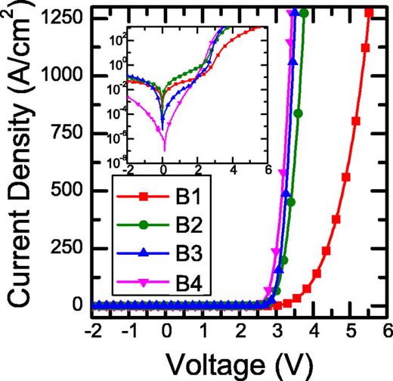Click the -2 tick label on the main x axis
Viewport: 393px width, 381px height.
click(x=92, y=330)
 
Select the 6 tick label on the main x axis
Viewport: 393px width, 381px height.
click(x=387, y=330)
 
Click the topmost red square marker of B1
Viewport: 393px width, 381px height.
click(x=369, y=13)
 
